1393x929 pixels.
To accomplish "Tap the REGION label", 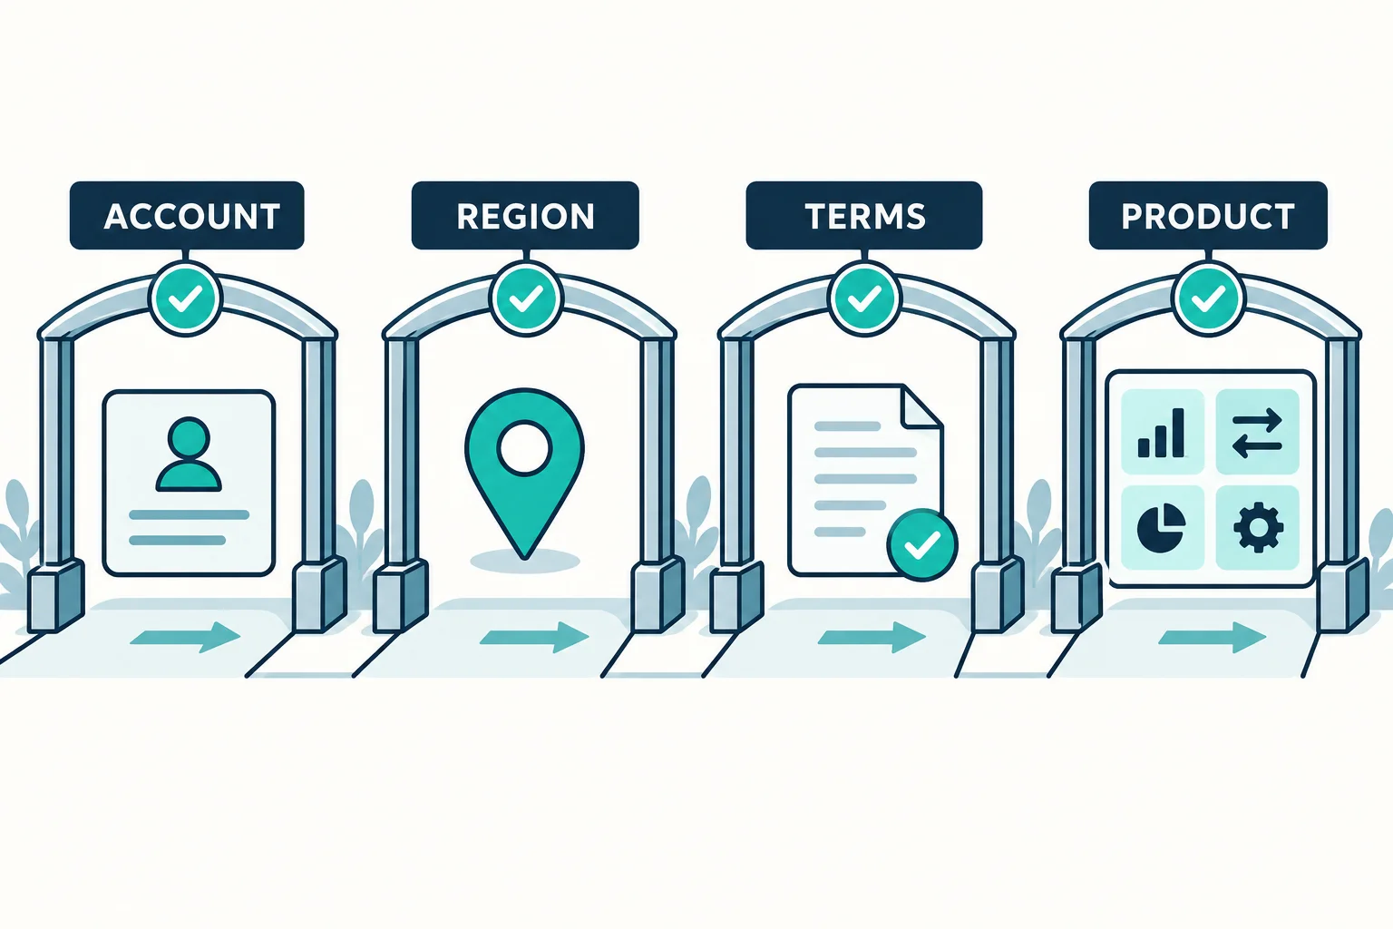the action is [x=525, y=215].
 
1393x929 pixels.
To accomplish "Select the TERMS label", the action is [x=864, y=215].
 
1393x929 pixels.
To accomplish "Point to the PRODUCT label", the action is [x=1208, y=215].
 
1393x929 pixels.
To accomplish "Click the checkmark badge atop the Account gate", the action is [x=186, y=298].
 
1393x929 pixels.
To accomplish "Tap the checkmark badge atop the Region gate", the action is [x=526, y=298].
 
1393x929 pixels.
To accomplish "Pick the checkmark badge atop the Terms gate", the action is [x=864, y=298].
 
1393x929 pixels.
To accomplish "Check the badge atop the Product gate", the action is [x=1208, y=298].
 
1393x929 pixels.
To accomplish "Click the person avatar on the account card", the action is [x=189, y=455].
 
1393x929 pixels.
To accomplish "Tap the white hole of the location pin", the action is [x=525, y=448].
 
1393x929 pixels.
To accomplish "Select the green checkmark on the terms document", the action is [x=922, y=545].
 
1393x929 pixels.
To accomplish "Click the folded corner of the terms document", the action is [x=923, y=406].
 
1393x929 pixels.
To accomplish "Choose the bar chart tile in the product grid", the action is [x=1163, y=432].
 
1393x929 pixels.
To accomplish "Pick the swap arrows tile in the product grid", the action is [x=1258, y=432].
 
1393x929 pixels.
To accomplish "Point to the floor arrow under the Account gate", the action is [x=185, y=637].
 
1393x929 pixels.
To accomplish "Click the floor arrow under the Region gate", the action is [x=534, y=637].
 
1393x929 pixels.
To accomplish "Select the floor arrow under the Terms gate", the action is [x=872, y=637].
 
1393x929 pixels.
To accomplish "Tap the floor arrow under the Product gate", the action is [x=1212, y=637].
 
